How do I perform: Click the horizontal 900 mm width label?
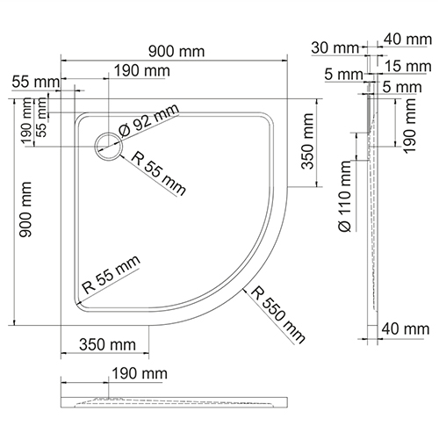pos(176,52)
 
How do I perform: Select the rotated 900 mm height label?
pos(25,209)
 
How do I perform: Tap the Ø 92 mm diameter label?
pos(148,120)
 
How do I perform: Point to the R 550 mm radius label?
pos(278,314)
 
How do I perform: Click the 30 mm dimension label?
pos(335,48)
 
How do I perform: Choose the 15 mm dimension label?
pos(408,66)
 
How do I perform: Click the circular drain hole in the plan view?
pos(108,146)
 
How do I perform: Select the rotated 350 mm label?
pos(308,141)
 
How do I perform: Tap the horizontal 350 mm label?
pos(107,344)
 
